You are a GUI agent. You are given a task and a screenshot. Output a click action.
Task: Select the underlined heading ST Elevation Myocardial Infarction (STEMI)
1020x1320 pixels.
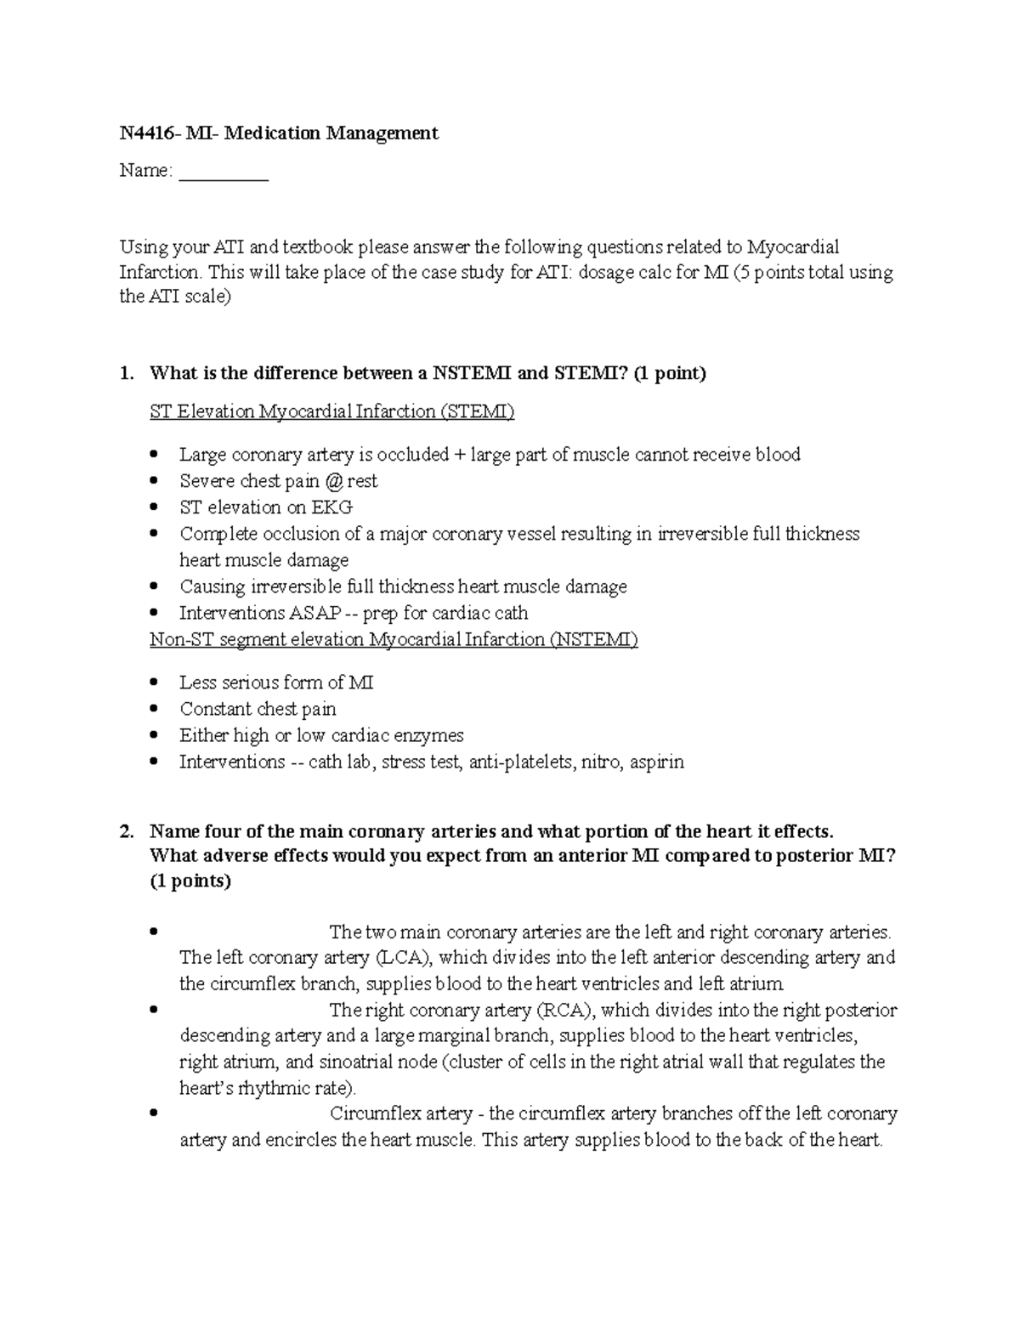[x=331, y=412]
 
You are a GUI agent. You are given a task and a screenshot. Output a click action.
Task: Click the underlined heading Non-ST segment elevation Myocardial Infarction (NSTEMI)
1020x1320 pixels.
[x=394, y=639]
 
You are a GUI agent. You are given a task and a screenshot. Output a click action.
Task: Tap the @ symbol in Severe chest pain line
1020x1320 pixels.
[x=333, y=481]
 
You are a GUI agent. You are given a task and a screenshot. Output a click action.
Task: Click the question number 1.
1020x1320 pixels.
[x=126, y=374]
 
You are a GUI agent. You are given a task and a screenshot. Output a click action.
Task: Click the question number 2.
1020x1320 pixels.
[x=126, y=831]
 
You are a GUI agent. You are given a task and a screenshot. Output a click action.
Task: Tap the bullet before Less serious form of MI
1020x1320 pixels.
[x=153, y=683]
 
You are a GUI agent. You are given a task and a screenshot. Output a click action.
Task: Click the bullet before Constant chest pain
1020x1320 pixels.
[x=153, y=709]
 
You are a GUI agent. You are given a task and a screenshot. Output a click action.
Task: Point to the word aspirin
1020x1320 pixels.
[x=656, y=762]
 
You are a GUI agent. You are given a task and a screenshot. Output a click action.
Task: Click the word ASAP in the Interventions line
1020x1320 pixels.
[x=317, y=613]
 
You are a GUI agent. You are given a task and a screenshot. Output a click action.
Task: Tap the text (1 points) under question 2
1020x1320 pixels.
[x=190, y=881]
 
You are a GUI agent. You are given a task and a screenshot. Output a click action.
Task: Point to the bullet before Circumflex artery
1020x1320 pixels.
[x=153, y=1114]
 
